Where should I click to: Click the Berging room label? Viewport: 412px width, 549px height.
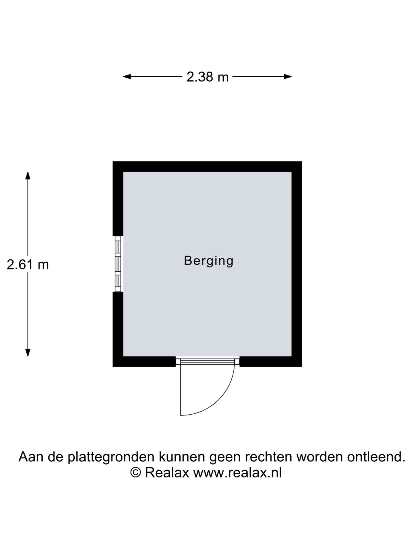coord(209,261)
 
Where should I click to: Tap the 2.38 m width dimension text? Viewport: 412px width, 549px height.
coord(208,77)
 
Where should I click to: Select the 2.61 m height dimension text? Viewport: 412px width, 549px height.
coord(28,265)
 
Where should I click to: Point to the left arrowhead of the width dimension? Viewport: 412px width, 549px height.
coord(127,77)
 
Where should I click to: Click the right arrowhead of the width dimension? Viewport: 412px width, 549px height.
coord(288,77)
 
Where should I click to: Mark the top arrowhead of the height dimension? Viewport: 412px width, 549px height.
coord(28,175)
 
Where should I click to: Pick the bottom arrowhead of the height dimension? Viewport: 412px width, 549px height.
coord(28,353)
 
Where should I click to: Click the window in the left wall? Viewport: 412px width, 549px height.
coord(118,264)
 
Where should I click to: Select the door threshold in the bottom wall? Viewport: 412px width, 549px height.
coord(207,361)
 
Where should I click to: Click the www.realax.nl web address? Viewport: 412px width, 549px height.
coord(238,473)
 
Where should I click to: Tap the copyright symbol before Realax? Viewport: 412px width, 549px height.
coord(136,472)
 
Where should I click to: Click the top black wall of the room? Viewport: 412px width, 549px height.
coord(207,167)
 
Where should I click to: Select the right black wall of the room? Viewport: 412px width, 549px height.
coord(297,264)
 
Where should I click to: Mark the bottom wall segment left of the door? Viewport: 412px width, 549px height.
coord(144,361)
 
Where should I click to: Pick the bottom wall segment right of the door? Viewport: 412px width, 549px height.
coord(271,361)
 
